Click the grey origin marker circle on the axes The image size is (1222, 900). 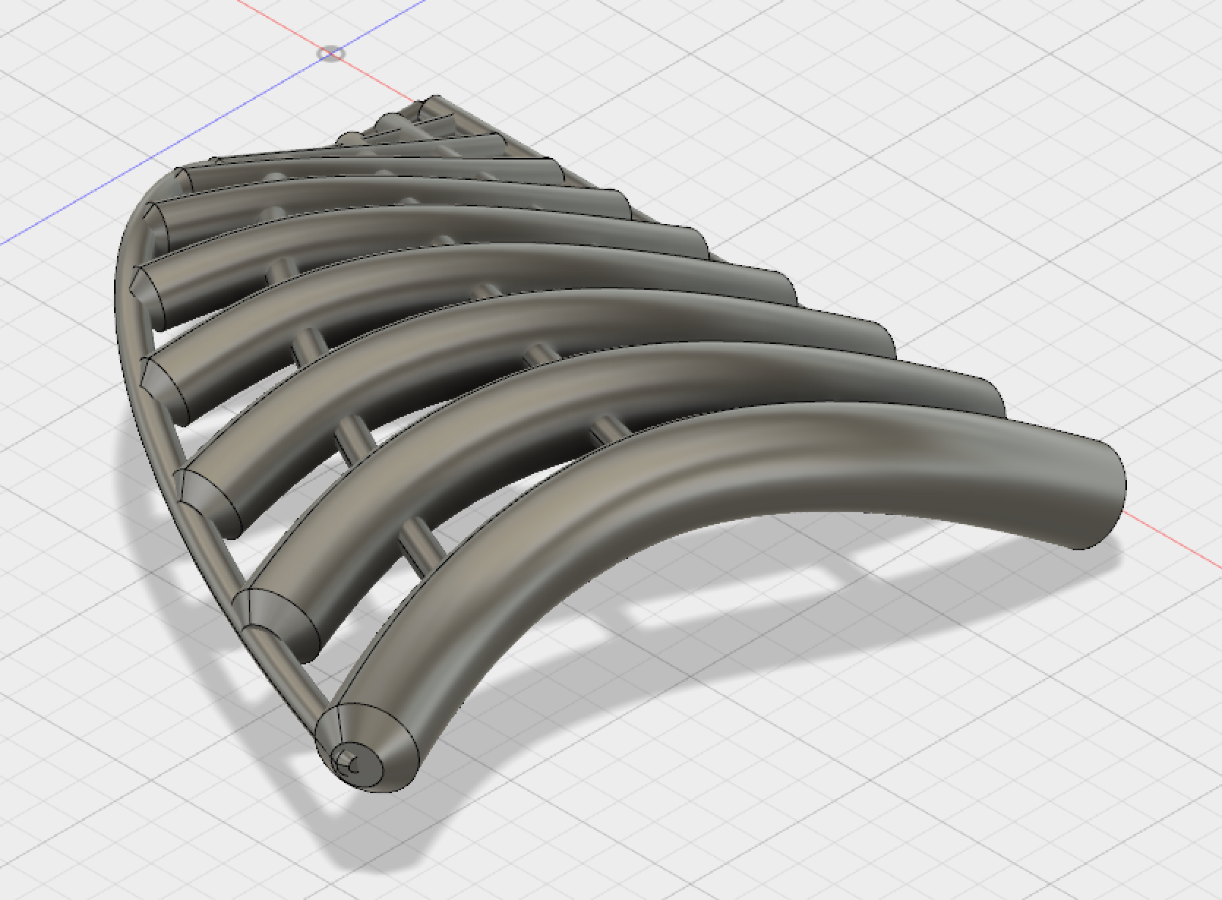(331, 53)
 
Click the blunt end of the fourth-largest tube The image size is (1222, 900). (787, 287)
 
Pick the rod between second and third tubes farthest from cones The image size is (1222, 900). (538, 356)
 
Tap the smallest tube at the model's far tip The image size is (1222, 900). (432, 110)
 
